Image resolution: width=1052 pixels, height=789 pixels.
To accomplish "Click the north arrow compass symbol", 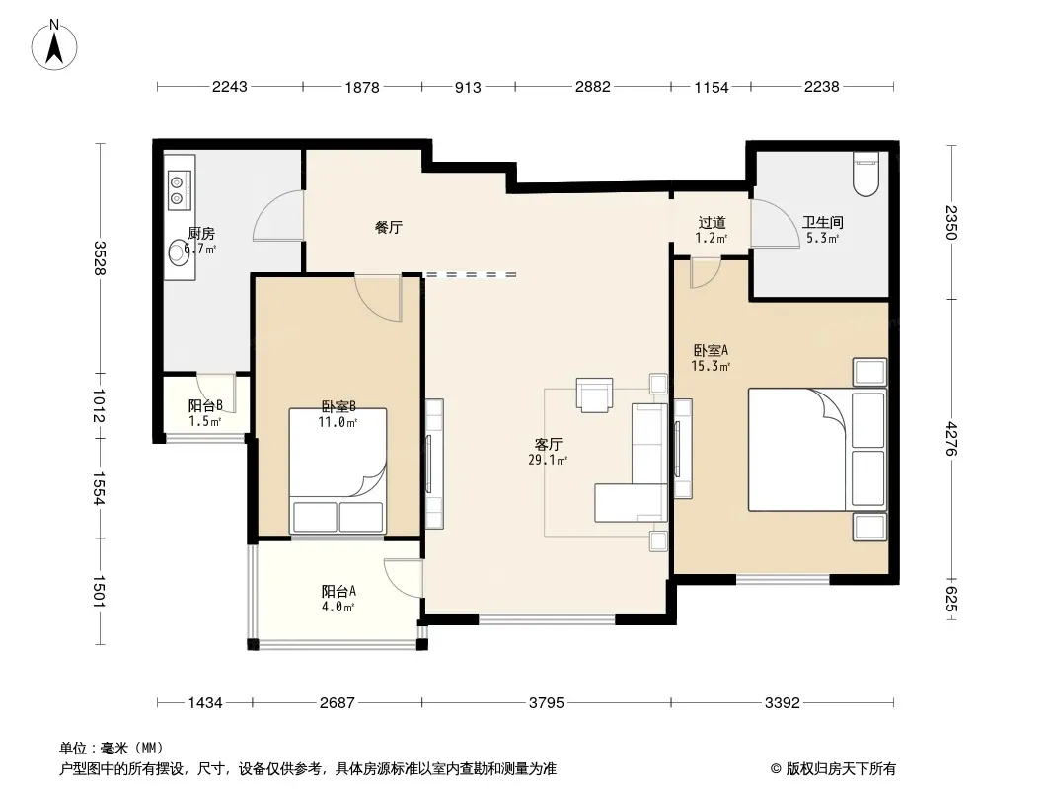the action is [54, 45].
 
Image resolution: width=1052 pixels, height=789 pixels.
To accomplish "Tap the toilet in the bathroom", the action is [865, 175].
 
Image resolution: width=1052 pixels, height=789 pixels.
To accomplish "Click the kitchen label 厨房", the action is [201, 234].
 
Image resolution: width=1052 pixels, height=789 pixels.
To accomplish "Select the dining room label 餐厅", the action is [389, 227].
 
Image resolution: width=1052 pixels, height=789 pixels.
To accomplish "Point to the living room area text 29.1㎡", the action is [548, 460].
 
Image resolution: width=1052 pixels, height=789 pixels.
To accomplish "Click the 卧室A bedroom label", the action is [711, 350].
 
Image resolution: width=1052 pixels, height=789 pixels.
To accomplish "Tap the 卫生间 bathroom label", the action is [822, 222].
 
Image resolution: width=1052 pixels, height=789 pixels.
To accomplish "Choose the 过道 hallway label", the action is [712, 222].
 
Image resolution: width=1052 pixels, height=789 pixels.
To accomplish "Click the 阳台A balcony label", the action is [338, 591].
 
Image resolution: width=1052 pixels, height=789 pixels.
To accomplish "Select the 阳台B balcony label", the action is [205, 405].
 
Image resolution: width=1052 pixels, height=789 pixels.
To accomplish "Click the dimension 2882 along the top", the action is [593, 87].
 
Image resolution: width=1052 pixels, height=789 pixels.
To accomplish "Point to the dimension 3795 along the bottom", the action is [546, 702].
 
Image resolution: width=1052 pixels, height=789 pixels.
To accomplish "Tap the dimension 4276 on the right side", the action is [951, 439].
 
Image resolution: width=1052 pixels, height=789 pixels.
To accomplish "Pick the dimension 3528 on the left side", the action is [100, 258].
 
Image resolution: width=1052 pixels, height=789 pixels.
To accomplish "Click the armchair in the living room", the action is [594, 394].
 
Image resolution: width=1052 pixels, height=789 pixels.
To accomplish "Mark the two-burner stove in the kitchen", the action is [178, 189].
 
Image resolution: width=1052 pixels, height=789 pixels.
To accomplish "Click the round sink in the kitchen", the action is [179, 252].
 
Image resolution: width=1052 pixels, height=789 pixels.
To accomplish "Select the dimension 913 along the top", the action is [468, 87].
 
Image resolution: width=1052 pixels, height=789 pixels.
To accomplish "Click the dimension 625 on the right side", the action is [951, 599].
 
